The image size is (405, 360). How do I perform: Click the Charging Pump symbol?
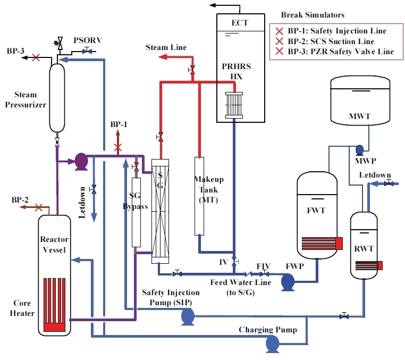click(x=273, y=345)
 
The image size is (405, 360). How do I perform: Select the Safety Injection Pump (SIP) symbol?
click(x=188, y=317)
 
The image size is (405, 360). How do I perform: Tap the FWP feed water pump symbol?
click(x=288, y=282)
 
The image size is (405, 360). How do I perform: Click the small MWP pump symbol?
click(x=359, y=149)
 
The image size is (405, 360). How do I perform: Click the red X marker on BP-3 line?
click(x=36, y=56)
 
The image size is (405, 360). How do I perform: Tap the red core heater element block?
click(x=55, y=306)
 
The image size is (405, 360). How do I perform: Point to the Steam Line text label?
click(x=166, y=48)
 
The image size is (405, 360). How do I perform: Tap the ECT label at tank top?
click(x=240, y=23)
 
